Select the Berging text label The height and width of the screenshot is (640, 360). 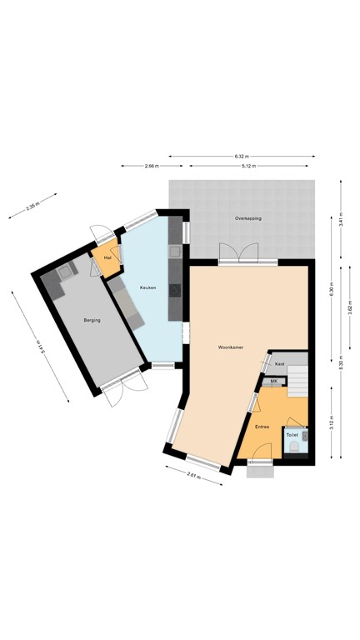(x=92, y=320)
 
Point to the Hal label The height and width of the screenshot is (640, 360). (x=107, y=257)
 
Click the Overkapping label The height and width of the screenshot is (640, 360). (x=247, y=218)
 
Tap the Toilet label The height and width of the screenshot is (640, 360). (x=292, y=435)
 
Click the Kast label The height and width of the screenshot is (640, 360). (x=280, y=364)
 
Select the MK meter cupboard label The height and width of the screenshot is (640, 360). (x=272, y=381)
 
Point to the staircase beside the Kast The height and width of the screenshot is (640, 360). (x=299, y=381)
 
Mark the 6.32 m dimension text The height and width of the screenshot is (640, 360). (x=240, y=156)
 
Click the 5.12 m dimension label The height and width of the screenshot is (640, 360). (x=248, y=167)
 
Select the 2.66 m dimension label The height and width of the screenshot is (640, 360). (x=151, y=167)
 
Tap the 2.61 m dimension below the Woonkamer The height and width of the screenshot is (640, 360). (x=192, y=477)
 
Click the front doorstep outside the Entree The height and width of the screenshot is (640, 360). (x=261, y=471)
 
